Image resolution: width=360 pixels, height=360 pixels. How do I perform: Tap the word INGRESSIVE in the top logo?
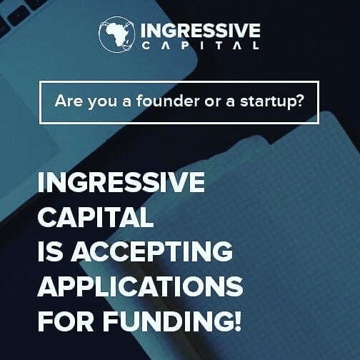tap(201, 31)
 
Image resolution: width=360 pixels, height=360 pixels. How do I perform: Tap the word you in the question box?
tap(101, 101)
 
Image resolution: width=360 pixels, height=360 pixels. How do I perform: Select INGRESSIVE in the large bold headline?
tap(121, 184)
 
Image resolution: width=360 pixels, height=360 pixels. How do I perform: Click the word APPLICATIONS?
tap(140, 286)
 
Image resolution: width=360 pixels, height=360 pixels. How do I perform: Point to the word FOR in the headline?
tap(64, 321)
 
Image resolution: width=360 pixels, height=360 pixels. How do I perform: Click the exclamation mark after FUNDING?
tap(237, 321)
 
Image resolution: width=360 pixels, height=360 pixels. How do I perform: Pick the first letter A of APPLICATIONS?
tap(48, 286)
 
